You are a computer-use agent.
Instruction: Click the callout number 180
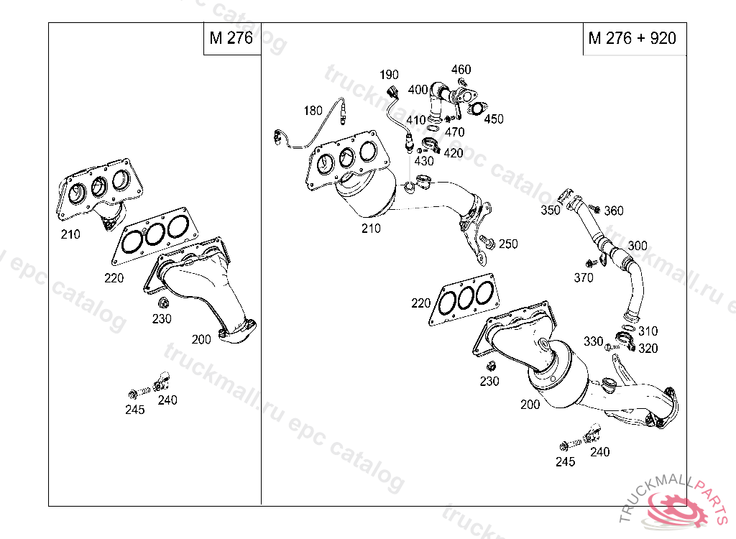point(313,111)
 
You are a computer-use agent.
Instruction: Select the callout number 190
point(389,75)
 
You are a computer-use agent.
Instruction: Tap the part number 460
point(461,70)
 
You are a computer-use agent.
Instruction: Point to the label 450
point(494,119)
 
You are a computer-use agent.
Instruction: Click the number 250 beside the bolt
point(508,244)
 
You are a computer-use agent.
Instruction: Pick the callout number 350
point(550,210)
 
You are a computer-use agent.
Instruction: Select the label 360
point(614,211)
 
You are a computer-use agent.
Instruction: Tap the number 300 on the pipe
point(637,246)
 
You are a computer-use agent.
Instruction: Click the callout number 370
point(584,278)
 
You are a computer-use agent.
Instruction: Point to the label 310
point(648,331)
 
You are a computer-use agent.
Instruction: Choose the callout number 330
point(593,341)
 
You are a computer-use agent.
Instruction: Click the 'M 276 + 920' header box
point(632,39)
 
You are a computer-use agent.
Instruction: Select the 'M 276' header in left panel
point(231,39)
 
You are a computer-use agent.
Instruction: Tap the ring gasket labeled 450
point(475,109)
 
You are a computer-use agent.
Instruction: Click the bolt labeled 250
point(487,243)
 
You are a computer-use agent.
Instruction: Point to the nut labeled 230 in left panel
point(162,301)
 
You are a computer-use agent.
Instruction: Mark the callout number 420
point(454,153)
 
